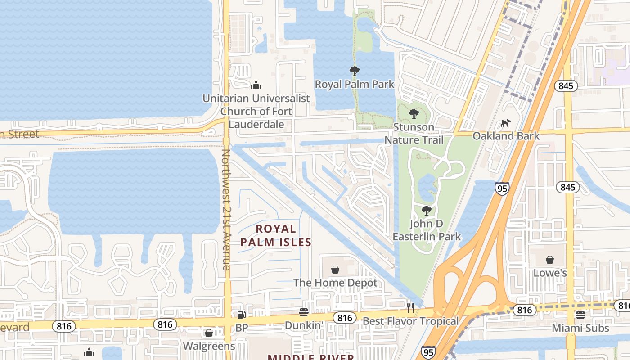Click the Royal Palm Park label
tap(354, 84)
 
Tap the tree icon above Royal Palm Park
tap(355, 71)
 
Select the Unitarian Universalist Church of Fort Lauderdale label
tap(256, 111)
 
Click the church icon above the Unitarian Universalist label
tap(256, 85)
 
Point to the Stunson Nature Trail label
tap(414, 134)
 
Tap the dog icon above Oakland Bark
tap(506, 123)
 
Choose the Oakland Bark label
tap(506, 136)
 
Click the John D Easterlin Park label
tap(427, 230)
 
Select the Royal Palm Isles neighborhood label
tap(275, 235)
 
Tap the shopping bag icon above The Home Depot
tap(335, 270)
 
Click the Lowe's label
tap(550, 273)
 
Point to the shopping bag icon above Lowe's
tap(550, 260)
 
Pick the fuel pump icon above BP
tap(242, 315)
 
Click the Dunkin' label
tap(304, 325)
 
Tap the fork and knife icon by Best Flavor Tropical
tap(410, 308)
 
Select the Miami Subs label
tap(580, 328)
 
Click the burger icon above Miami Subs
tap(580, 315)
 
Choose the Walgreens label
tap(209, 346)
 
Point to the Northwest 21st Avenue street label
tap(226, 210)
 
